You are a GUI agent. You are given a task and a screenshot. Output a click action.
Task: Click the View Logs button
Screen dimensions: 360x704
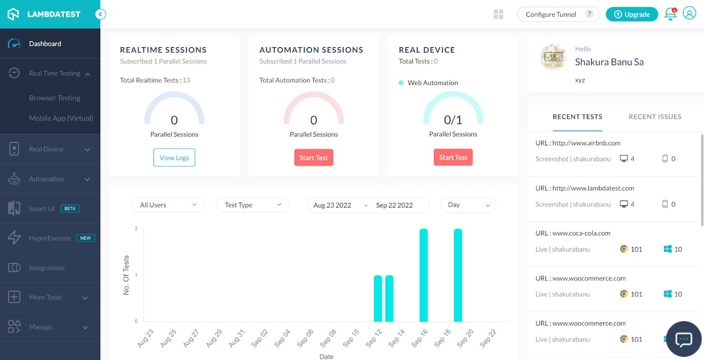click(x=174, y=158)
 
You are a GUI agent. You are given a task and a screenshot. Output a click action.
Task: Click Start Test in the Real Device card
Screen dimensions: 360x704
click(x=453, y=158)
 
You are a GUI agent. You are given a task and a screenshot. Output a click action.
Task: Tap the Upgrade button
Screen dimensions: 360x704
click(x=632, y=15)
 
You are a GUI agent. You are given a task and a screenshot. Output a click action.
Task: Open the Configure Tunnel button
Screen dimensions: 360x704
click(x=558, y=15)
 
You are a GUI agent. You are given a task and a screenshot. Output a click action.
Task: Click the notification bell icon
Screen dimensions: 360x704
click(x=670, y=14)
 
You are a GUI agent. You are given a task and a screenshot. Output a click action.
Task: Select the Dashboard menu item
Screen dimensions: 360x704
click(x=45, y=44)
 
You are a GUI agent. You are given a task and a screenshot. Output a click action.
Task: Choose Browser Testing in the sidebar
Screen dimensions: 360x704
click(x=55, y=98)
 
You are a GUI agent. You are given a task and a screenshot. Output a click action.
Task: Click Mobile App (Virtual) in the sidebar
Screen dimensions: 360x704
click(x=61, y=118)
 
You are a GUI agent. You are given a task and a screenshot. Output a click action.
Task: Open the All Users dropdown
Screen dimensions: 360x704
click(x=168, y=205)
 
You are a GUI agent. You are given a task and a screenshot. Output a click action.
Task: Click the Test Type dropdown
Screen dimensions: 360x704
click(x=252, y=205)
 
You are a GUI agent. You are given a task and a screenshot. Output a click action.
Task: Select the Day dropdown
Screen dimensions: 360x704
click(x=468, y=205)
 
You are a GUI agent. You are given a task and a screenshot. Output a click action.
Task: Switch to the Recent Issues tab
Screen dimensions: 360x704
click(x=655, y=117)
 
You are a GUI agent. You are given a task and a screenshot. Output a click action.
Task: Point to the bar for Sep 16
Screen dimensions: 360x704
click(x=423, y=275)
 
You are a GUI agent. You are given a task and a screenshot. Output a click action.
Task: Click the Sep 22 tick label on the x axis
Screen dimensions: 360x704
click(x=488, y=338)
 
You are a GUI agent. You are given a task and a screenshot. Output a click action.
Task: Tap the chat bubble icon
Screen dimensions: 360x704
click(x=684, y=339)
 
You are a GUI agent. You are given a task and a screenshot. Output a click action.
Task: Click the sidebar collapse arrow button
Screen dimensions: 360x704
click(x=100, y=15)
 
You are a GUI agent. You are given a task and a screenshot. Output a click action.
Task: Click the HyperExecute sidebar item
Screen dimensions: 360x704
click(x=50, y=238)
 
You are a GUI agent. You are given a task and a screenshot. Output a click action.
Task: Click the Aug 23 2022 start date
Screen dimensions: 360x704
click(x=332, y=205)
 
